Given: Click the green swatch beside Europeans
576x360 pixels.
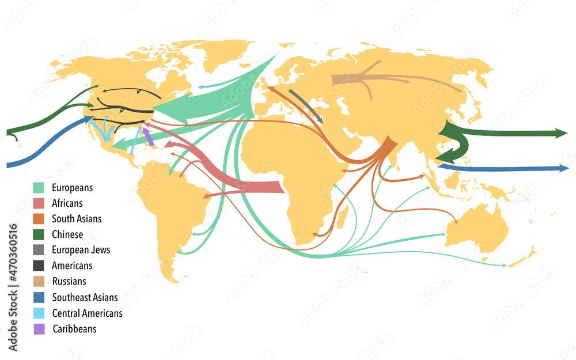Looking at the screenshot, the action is [39, 188].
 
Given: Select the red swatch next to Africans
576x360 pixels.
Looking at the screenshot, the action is [39, 203].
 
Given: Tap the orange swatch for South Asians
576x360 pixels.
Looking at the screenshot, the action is [39, 219].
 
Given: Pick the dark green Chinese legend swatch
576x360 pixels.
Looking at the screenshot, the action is [39, 234].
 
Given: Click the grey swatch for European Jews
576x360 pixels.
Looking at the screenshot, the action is [39, 250].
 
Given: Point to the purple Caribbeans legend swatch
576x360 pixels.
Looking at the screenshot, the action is [39, 329].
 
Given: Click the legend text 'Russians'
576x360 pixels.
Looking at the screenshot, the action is [69, 282].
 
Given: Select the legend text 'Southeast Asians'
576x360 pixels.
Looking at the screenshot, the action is [85, 297].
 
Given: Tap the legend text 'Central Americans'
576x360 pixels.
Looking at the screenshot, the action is [87, 313].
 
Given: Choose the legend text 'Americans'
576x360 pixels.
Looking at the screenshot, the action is [71, 266].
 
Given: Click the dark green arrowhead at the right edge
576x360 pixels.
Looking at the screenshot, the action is [561, 133].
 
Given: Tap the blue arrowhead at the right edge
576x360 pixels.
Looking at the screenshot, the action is [563, 168].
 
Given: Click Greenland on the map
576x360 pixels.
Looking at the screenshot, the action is [225, 58].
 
